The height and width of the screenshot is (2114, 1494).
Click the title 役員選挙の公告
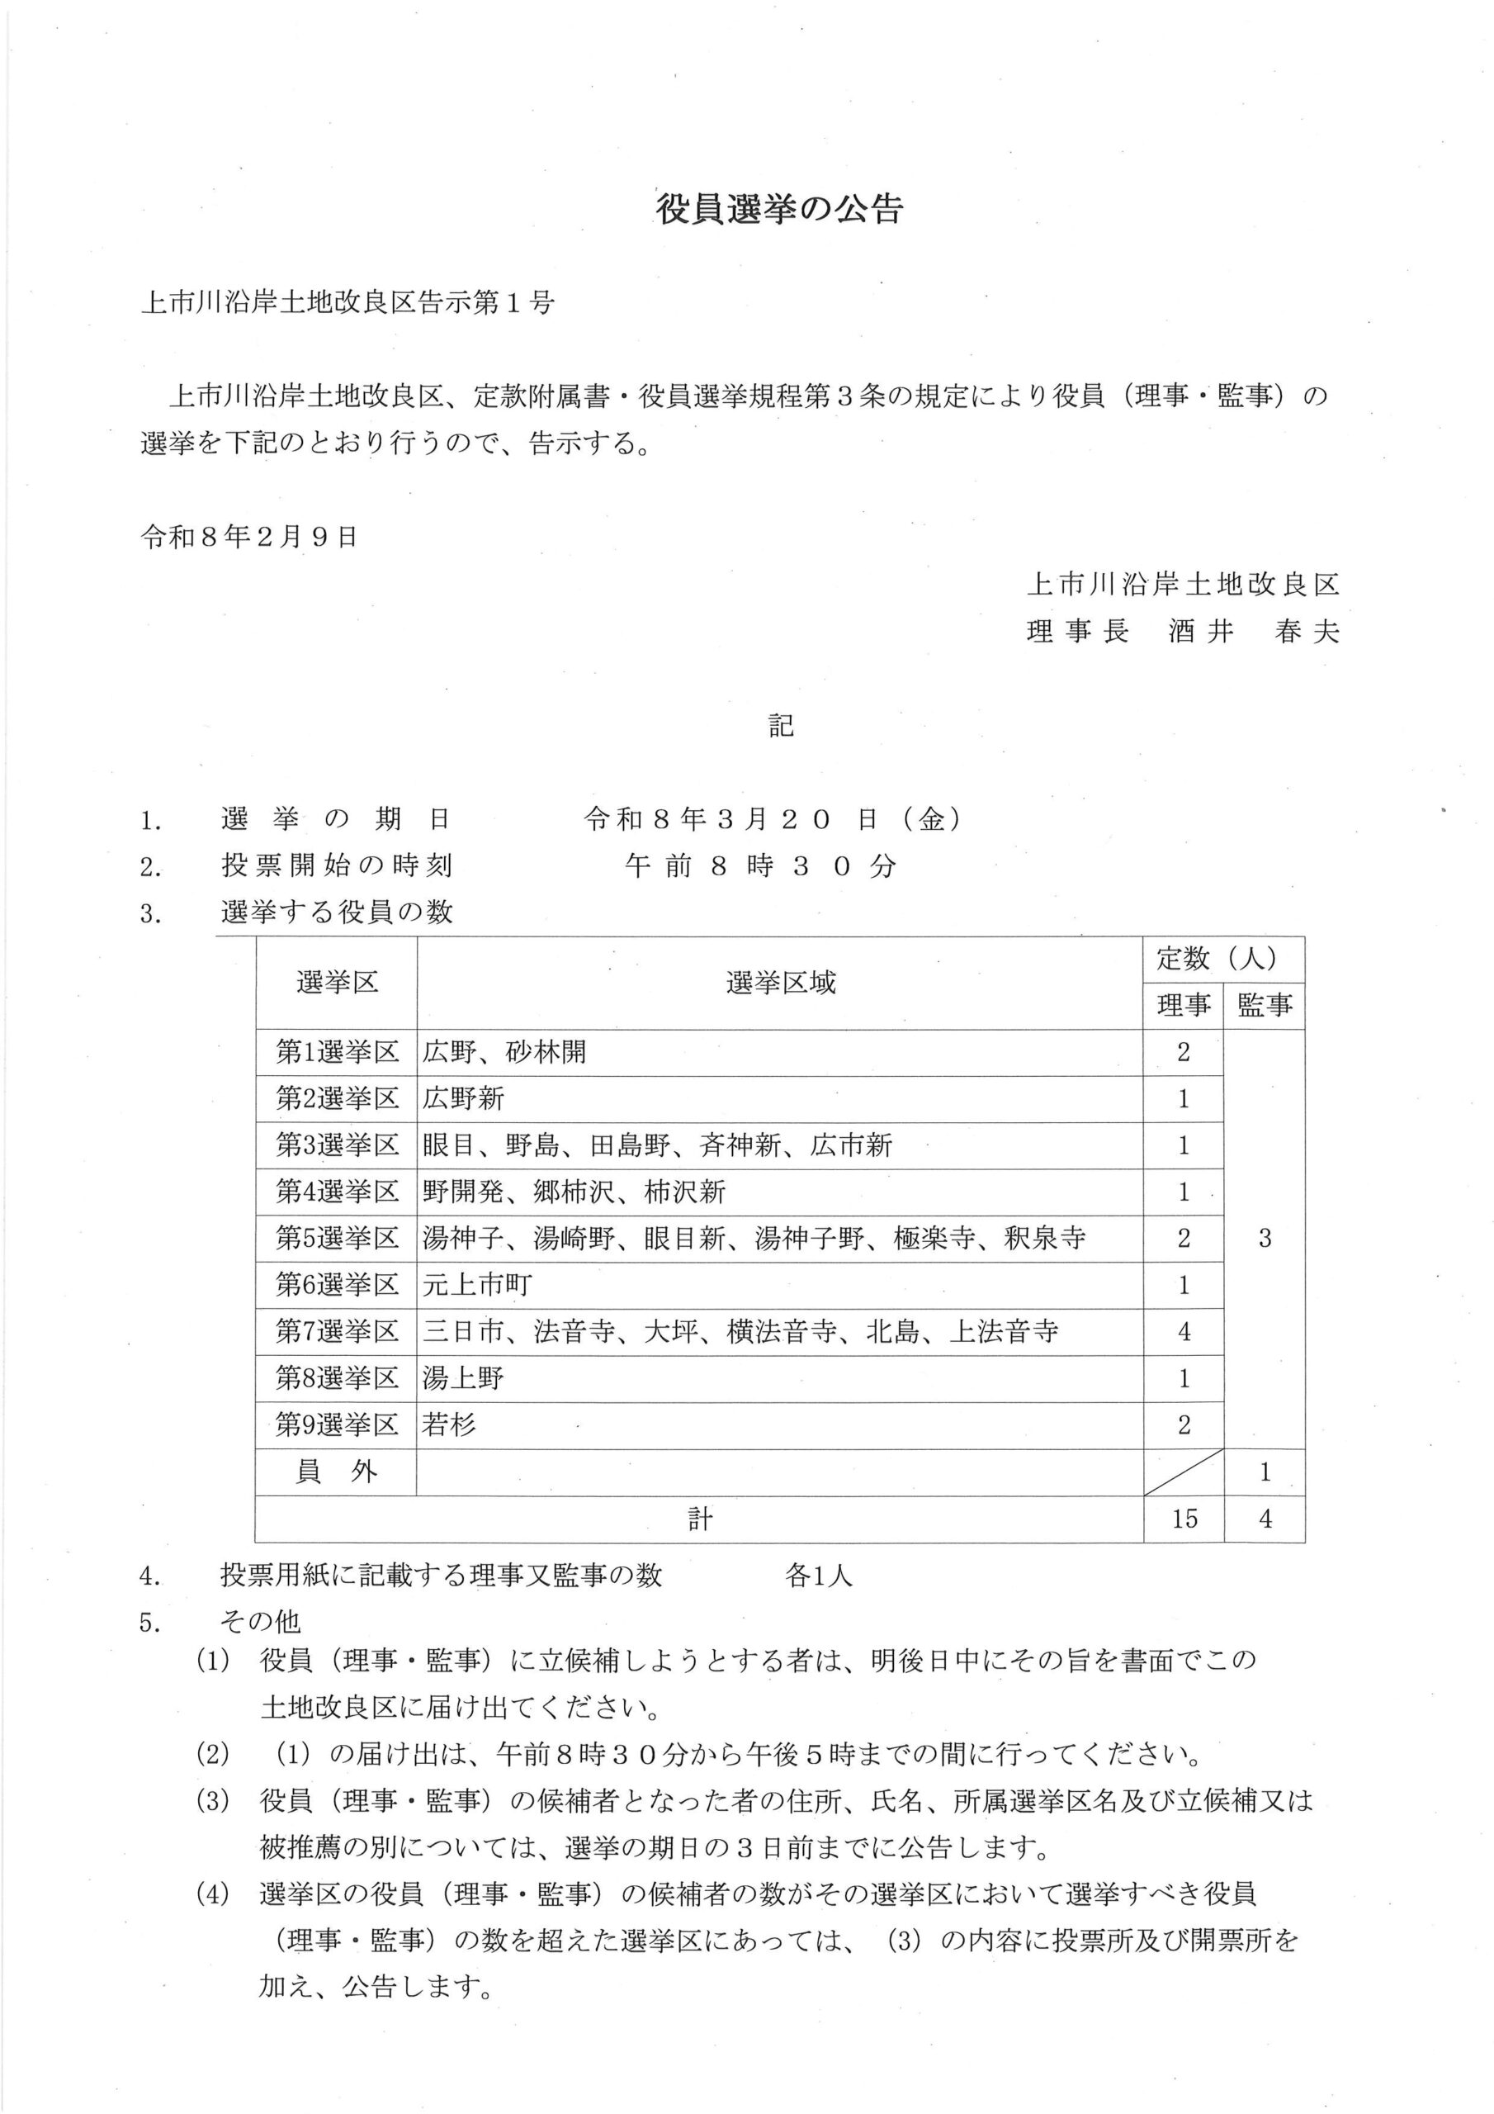[778, 209]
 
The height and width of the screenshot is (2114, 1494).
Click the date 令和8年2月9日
[248, 537]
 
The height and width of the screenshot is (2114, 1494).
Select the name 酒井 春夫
[1253, 633]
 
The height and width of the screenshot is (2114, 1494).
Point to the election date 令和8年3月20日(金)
[773, 818]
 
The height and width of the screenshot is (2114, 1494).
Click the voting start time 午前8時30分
[759, 865]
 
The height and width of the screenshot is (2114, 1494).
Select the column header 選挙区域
[780, 983]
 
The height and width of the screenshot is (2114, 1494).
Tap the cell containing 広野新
[464, 1098]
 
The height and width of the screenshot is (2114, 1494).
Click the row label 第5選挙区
[337, 1239]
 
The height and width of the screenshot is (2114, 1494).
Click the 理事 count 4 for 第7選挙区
[1184, 1331]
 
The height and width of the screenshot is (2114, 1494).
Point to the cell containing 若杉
[449, 1425]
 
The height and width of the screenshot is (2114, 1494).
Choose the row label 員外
[337, 1472]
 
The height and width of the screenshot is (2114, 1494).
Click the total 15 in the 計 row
[1184, 1519]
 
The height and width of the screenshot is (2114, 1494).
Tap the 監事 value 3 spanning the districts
[1265, 1239]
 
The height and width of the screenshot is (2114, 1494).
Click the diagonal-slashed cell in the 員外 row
[1184, 1472]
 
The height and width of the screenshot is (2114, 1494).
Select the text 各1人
[818, 1576]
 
